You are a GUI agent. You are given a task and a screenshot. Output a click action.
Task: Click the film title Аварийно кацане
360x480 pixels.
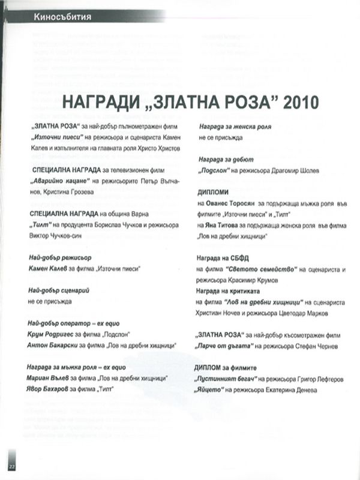coord(61,181)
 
